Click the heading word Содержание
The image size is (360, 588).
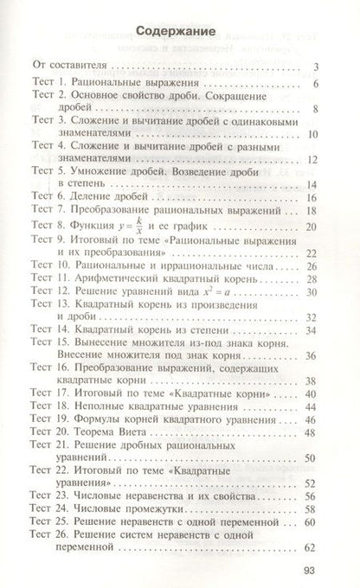pos(180,31)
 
